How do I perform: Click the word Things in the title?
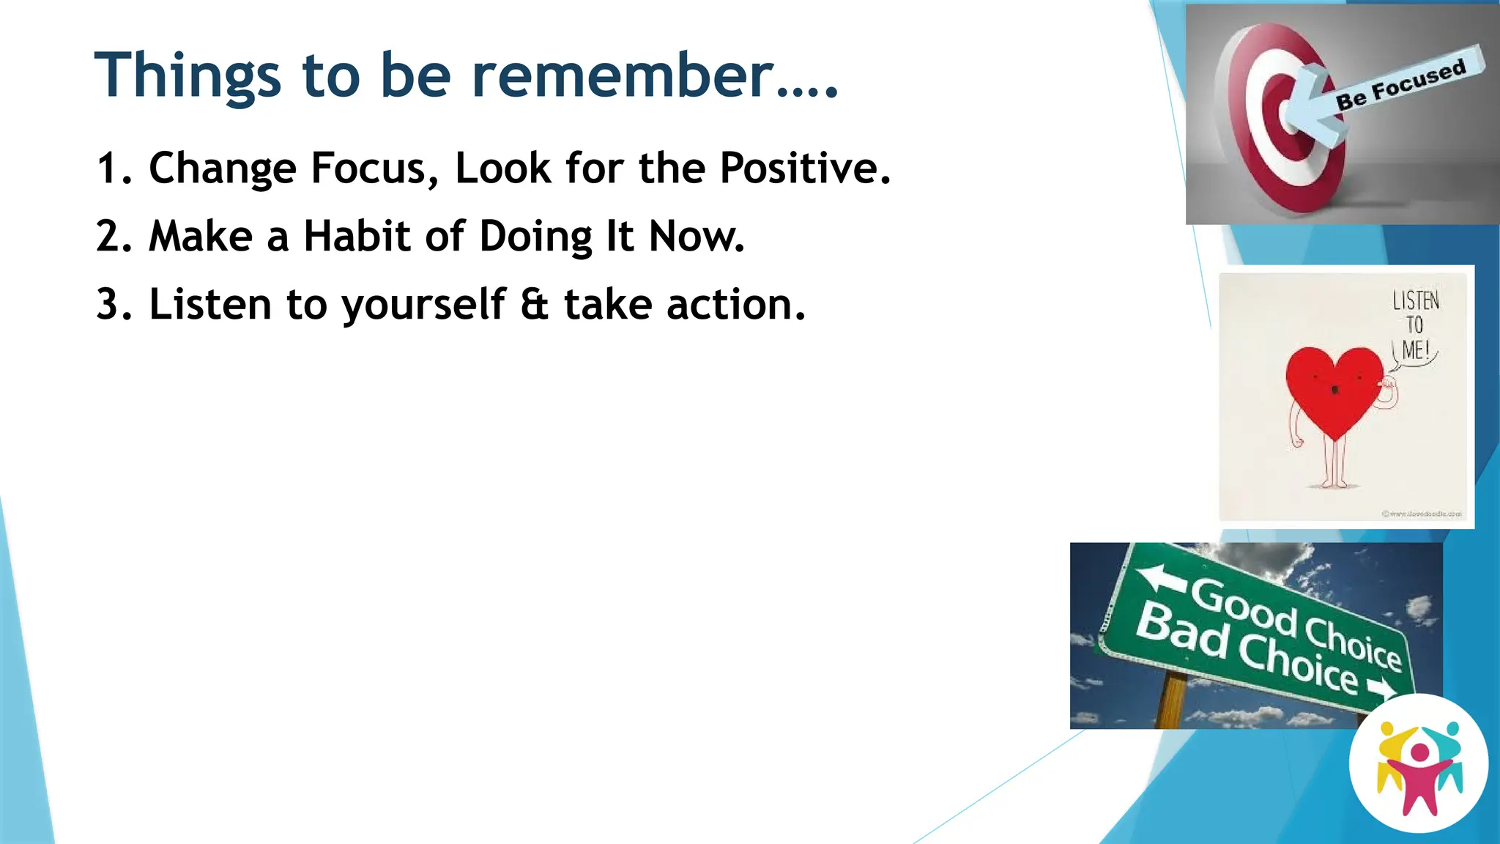[187, 75]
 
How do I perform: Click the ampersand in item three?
[534, 305]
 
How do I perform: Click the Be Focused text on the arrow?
[1400, 83]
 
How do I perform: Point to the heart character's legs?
[1334, 465]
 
